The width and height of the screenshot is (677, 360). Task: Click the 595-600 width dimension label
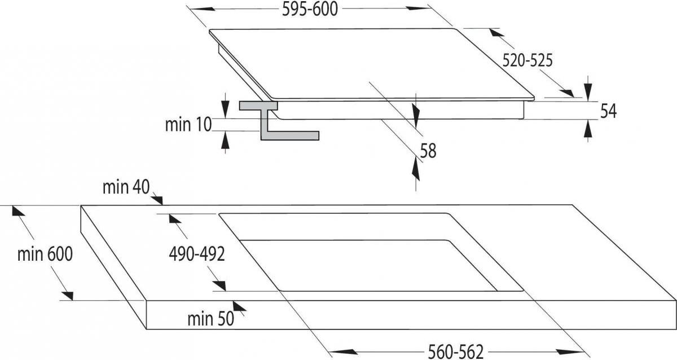[x=310, y=10]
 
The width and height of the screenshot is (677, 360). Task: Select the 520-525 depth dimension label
[x=527, y=60]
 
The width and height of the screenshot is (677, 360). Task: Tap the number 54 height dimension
[x=608, y=111]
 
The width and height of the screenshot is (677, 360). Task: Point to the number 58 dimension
[x=428, y=151]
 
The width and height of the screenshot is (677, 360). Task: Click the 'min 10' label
[x=188, y=125]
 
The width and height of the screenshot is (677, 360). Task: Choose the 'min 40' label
[x=126, y=187]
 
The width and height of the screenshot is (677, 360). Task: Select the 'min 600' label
[x=45, y=254]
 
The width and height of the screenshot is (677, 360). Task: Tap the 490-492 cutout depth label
[x=197, y=254]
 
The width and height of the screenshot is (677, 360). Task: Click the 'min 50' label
[x=210, y=319]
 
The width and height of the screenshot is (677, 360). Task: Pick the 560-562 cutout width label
[x=456, y=352]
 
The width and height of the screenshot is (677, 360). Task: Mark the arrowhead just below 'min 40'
[x=157, y=200]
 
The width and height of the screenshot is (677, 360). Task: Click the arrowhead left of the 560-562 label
[x=343, y=352]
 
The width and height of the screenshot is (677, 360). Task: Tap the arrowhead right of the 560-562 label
[x=570, y=352]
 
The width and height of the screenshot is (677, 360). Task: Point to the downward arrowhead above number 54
[x=588, y=91]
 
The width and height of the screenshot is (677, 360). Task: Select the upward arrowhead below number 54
[x=588, y=129]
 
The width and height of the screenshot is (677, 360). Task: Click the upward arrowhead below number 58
[x=416, y=169]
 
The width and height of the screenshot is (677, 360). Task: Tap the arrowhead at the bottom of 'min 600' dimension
[x=68, y=296]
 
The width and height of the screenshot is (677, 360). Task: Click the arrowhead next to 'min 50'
[x=239, y=306]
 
